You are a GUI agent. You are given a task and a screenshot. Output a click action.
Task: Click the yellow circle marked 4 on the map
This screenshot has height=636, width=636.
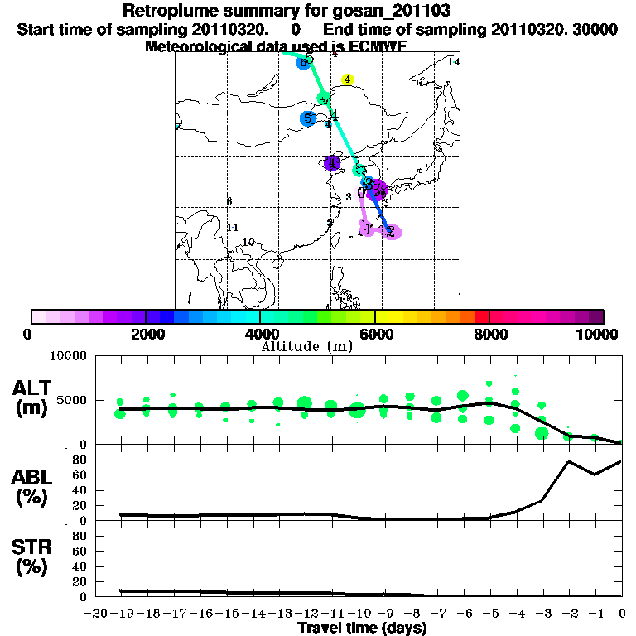348,80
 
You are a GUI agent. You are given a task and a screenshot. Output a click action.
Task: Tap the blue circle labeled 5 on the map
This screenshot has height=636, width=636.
308,118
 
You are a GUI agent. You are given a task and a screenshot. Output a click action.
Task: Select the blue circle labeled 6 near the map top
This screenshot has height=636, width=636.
304,62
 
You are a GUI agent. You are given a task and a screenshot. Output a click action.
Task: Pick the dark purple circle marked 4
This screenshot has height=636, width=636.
332,163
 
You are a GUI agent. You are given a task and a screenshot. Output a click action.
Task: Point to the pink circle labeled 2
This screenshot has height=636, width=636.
390,232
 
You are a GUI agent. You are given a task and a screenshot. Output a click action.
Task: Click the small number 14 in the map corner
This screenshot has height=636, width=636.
453,62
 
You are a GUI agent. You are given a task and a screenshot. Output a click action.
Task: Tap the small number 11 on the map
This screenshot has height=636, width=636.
233,228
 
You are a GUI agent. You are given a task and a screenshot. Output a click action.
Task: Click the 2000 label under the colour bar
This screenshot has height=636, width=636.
145,334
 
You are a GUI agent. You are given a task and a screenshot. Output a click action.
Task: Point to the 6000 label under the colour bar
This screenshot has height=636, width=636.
375,334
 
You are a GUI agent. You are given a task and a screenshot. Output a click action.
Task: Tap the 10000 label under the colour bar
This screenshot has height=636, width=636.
598,334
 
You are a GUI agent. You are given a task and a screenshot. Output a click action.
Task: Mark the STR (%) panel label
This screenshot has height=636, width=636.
34,556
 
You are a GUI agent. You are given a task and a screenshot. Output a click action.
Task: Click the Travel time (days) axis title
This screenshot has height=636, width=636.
362,628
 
